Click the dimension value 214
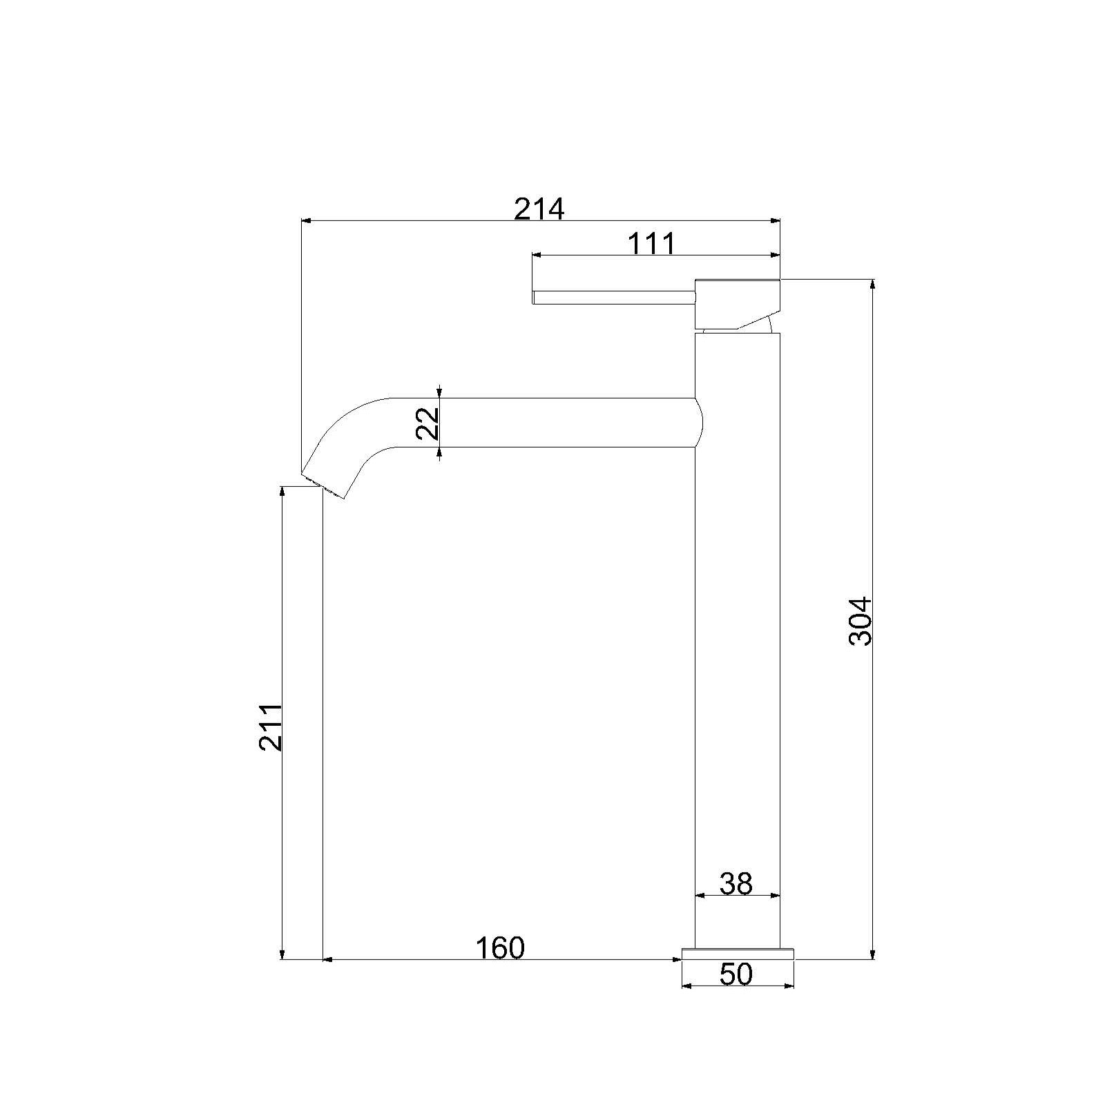point(539,209)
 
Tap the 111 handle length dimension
point(651,243)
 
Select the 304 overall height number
point(861,621)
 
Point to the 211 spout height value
point(270,727)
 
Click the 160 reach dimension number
point(500,948)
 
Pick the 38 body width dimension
point(736,883)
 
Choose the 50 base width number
point(736,974)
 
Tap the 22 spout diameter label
point(428,423)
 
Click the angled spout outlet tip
point(323,486)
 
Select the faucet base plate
point(738,954)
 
